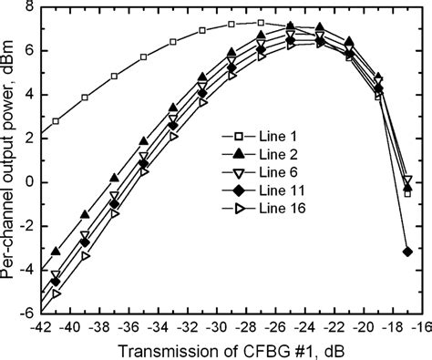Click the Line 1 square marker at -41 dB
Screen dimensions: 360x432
[x=57, y=121]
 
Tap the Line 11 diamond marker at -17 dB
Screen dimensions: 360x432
[x=407, y=251]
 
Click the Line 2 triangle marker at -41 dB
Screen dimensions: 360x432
[x=57, y=251]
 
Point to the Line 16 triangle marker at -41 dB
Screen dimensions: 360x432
[x=57, y=293]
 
